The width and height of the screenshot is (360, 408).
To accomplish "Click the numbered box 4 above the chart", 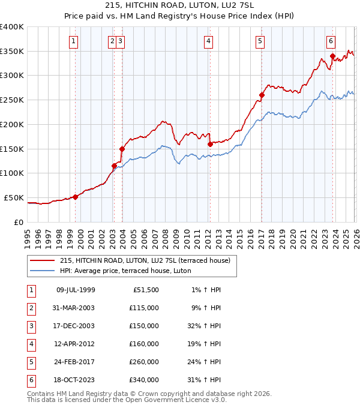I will [x=208, y=41].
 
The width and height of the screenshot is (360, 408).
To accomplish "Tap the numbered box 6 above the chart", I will [x=331, y=41].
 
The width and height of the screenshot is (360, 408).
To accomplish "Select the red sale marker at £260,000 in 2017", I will [x=262, y=95].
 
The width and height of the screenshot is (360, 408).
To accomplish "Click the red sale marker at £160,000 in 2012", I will [x=210, y=144].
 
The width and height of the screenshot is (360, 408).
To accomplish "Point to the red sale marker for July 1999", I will [x=76, y=197].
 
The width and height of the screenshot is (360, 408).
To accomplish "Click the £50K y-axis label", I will [x=14, y=197].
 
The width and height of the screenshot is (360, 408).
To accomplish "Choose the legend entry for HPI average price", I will [x=125, y=271].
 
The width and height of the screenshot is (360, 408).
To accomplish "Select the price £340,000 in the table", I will [x=144, y=380].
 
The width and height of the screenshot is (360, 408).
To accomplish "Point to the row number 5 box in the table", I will [x=30, y=362].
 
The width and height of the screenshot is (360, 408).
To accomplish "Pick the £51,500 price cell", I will [x=146, y=290].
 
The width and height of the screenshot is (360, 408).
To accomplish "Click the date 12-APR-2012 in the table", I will [x=75, y=344].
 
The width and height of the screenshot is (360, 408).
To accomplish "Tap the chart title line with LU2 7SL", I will [x=180, y=7].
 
